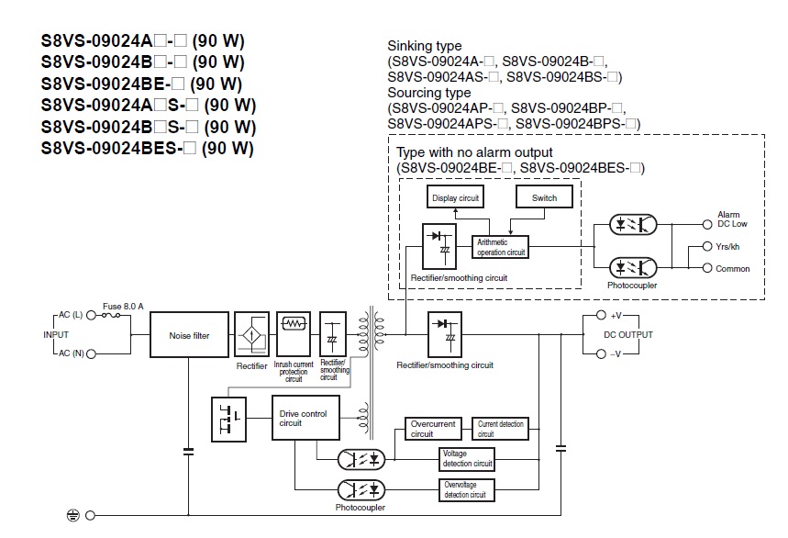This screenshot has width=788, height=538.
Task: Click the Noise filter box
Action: tap(189, 336)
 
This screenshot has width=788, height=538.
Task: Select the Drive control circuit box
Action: tap(305, 420)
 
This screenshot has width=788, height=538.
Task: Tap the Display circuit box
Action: tap(456, 197)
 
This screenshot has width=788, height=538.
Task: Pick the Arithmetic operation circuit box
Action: tap(500, 247)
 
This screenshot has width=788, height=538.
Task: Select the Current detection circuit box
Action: tap(500, 428)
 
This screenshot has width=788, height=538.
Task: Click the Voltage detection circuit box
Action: tap(467, 458)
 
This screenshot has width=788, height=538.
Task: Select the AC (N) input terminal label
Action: tap(68, 353)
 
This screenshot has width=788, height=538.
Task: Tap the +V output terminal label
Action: tap(615, 316)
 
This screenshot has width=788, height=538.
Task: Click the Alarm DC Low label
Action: tap(732, 219)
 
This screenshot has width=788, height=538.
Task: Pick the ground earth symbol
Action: tap(73, 516)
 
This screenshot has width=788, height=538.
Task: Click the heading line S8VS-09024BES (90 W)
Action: tap(147, 148)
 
